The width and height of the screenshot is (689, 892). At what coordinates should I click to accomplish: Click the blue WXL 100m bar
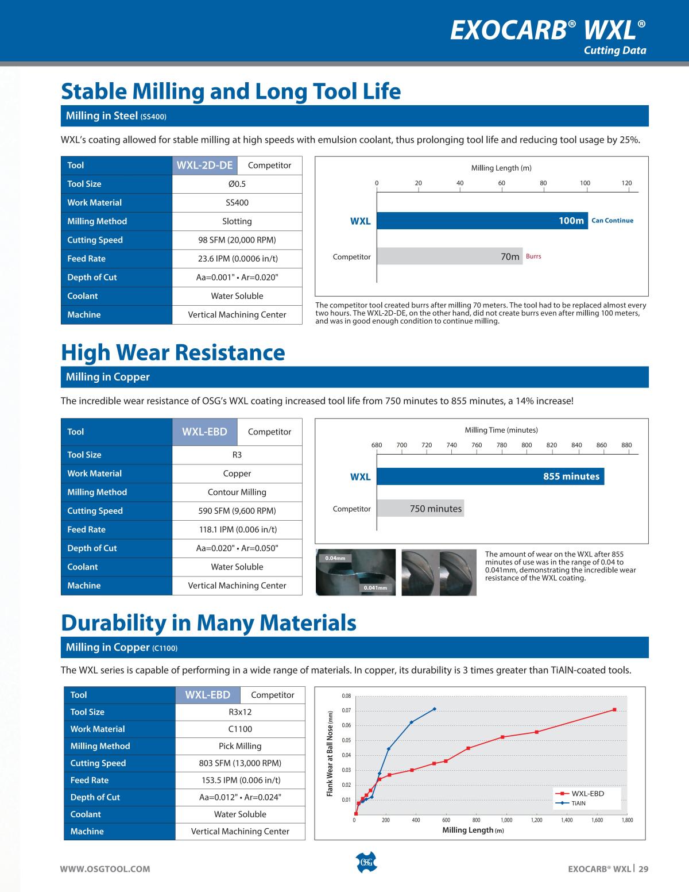click(x=482, y=221)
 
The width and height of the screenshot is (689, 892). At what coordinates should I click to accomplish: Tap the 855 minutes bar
click(x=490, y=476)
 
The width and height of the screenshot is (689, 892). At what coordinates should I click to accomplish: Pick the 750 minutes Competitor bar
click(x=420, y=509)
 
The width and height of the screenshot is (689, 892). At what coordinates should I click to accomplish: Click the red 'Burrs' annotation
click(x=533, y=256)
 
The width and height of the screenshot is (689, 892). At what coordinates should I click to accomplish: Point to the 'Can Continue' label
click(x=612, y=221)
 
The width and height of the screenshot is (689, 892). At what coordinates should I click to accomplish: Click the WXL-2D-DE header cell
click(x=204, y=166)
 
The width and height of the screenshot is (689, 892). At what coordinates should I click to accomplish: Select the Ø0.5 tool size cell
click(x=237, y=184)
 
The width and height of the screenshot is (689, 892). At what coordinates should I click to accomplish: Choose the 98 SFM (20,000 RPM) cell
click(x=237, y=240)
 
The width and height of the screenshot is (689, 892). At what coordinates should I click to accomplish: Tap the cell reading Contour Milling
click(x=237, y=492)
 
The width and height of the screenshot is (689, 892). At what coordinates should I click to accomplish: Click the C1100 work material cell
click(x=240, y=729)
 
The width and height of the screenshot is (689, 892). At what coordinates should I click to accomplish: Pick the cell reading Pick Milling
click(x=240, y=746)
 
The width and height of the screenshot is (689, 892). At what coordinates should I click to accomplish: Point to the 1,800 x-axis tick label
click(x=627, y=820)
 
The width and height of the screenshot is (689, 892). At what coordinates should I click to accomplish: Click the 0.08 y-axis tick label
click(x=346, y=696)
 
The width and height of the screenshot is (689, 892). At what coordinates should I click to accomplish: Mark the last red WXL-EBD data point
click(x=614, y=710)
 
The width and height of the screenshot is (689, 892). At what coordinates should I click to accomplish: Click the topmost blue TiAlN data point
click(x=435, y=709)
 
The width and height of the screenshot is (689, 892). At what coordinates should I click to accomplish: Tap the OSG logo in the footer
click(x=366, y=863)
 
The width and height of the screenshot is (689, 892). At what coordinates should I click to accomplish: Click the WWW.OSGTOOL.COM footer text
click(x=106, y=869)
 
